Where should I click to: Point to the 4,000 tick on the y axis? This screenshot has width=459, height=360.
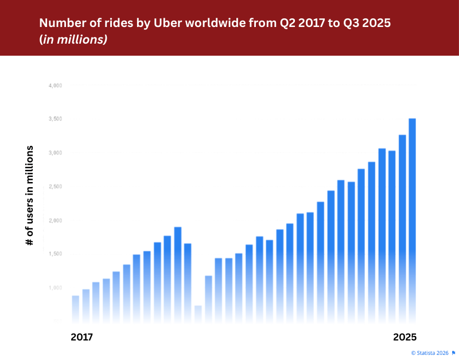[55, 86]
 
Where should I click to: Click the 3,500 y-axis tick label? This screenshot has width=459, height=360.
[55, 119]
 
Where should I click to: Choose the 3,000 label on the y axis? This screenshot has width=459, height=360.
[55, 153]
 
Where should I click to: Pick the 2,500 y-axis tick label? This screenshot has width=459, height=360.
[55, 187]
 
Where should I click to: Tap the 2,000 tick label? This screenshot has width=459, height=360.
[55, 220]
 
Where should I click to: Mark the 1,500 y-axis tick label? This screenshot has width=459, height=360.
[55, 254]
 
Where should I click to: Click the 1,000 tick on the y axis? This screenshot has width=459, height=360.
[55, 288]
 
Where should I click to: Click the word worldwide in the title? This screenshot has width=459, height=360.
[201, 25]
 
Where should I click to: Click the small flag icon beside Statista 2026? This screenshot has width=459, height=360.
[453, 353]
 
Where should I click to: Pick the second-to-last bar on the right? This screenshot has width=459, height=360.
[402, 227]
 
